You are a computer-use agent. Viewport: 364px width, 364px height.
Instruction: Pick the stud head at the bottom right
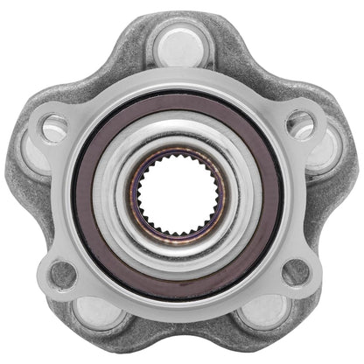pyautogui.click(x=264, y=312)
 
